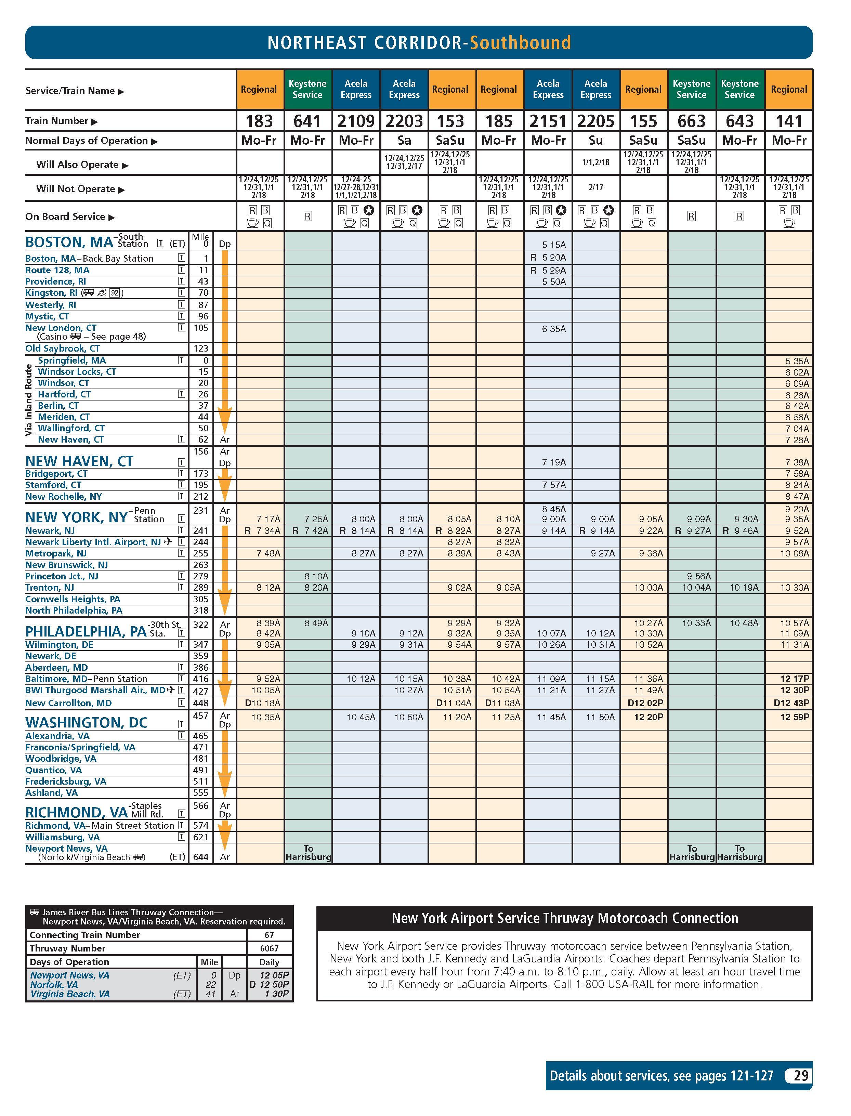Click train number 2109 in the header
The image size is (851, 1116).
point(356,121)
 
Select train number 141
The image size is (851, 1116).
point(789,121)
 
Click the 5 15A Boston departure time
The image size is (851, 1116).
point(554,245)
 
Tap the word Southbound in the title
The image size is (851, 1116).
point(520,42)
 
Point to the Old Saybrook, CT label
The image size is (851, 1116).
point(63,349)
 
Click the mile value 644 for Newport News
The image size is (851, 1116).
point(201,857)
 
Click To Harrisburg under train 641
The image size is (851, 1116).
point(308,853)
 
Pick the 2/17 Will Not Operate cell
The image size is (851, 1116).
point(596,187)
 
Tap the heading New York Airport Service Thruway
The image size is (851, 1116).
point(564,918)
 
